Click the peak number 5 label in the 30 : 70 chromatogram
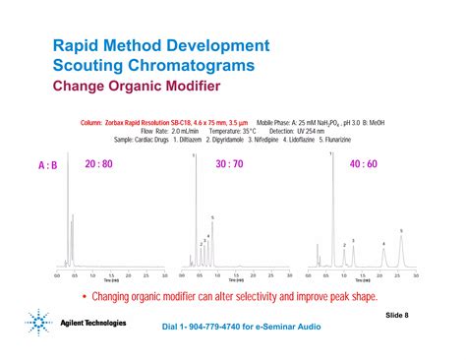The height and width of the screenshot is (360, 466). [211, 216]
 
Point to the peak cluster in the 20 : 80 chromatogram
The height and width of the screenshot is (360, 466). [71, 246]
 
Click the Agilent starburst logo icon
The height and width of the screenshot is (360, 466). [37, 323]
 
